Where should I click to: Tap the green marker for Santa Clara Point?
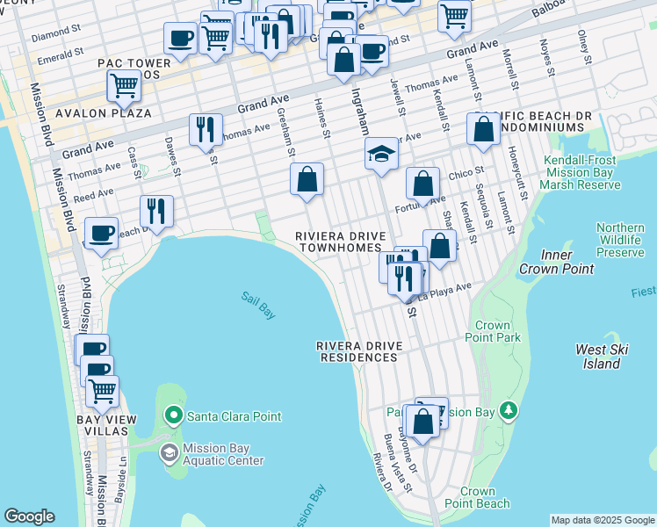point(174,415)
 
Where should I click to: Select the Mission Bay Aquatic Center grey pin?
point(169,453)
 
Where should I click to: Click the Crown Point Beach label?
point(484,497)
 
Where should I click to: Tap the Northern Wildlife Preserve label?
point(620,240)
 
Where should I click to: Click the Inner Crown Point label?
point(555,262)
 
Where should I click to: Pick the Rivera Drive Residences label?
point(357,351)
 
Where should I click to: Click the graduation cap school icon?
point(382,155)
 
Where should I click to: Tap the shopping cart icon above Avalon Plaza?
point(124,85)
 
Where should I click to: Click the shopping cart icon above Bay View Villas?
point(102,390)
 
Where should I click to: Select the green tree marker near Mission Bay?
point(508,410)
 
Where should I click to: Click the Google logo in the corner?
point(29,516)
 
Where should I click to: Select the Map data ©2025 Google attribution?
point(603,520)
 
